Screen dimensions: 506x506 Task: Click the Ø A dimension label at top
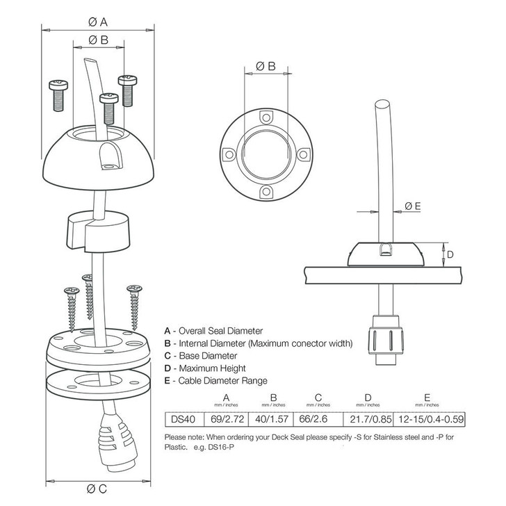tap(97, 22)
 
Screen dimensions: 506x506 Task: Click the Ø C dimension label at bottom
tap(97, 488)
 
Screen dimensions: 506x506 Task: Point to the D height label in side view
tap(450, 255)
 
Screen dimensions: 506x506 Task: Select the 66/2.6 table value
tap(318, 420)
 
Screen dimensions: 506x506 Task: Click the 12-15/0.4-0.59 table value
tap(430, 420)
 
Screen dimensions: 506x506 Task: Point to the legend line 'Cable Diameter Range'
tap(215, 381)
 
